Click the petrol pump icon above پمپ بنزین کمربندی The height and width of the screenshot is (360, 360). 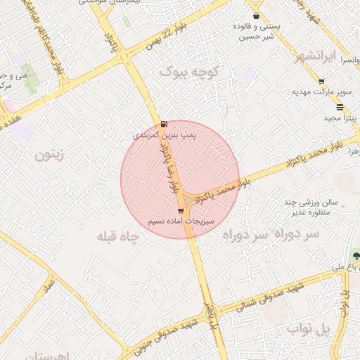[x=164, y=123]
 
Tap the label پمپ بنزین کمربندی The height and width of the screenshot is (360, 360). [x=161, y=133]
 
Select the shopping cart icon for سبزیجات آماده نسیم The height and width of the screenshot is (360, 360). [x=181, y=211]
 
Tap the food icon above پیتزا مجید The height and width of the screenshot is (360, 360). [x=340, y=107]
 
